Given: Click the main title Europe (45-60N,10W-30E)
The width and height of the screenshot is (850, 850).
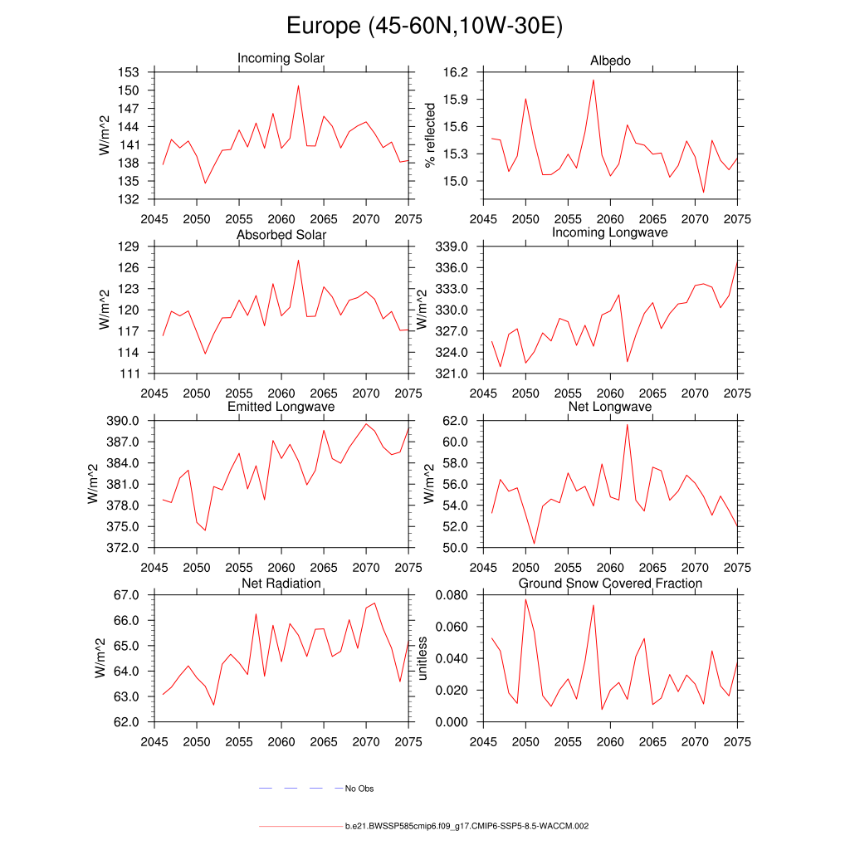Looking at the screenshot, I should tap(424, 26).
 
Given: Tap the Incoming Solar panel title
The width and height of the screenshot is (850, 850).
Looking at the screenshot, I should tap(281, 58).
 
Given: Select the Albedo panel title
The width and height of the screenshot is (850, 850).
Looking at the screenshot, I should tap(610, 61).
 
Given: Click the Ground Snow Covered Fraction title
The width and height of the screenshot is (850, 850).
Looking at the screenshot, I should tap(610, 584).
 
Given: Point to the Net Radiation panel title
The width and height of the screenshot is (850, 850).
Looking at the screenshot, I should tap(281, 584).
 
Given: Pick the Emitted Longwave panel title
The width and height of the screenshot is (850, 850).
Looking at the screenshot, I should tap(281, 407).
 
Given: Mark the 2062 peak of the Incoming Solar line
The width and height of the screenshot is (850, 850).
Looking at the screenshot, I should tap(298, 85).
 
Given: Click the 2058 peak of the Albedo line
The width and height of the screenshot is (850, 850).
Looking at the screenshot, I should tap(594, 80).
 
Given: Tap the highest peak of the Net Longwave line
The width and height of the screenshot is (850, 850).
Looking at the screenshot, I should tap(627, 424).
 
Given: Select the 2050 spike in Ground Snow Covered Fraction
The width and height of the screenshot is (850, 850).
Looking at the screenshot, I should tap(525, 599).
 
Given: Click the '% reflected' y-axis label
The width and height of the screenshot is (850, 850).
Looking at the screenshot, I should tap(429, 135).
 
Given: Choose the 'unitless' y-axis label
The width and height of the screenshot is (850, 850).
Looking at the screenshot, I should tap(422, 658).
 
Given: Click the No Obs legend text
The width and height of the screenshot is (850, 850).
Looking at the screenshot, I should tap(359, 789).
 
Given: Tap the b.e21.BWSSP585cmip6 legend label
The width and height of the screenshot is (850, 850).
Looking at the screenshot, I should tap(467, 827).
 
